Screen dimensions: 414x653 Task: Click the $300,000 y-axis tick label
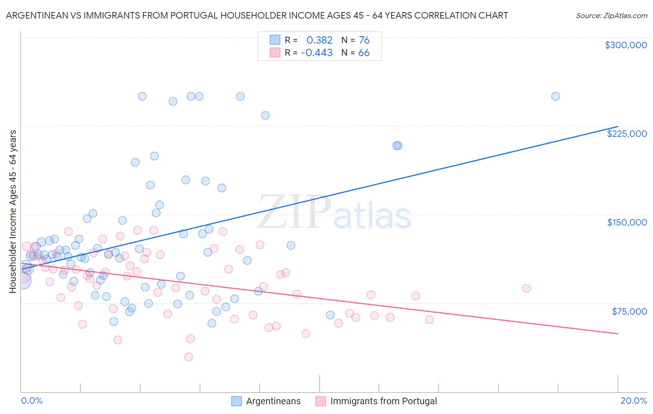tap(626, 45)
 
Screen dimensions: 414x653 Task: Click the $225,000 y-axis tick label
tap(627, 134)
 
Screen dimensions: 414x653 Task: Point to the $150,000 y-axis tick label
tap(627, 222)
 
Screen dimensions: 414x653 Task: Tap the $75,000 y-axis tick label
tap(629, 311)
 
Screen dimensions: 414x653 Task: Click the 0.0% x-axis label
tap(32, 401)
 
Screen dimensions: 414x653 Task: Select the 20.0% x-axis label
tap(633, 401)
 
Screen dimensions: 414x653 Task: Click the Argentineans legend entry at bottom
tap(273, 401)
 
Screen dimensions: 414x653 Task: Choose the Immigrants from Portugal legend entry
tap(383, 401)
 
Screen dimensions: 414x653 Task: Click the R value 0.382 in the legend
tap(319, 40)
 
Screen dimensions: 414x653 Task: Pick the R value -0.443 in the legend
tap(317, 53)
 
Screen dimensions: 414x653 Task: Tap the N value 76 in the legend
tap(364, 40)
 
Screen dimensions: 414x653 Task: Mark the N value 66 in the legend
tap(364, 53)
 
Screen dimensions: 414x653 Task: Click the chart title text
tap(257, 15)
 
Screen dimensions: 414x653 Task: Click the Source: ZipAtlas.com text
tap(611, 15)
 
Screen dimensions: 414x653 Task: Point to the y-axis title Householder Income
tap(13, 211)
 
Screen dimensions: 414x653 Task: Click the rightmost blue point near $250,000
tap(555, 97)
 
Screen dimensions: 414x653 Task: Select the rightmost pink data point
tap(526, 288)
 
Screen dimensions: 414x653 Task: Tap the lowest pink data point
tap(189, 357)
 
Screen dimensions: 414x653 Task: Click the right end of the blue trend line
tap(618, 127)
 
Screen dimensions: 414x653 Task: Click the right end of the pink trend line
tap(618, 334)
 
